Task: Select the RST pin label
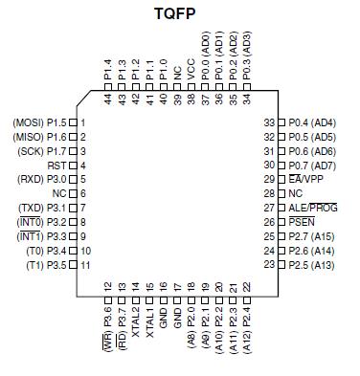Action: pyautogui.click(x=56, y=165)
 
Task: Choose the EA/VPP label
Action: pyautogui.click(x=306, y=179)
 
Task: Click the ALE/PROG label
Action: pyautogui.click(x=312, y=207)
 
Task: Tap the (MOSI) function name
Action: pyautogui.click(x=27, y=122)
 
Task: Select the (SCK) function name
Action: pyautogui.click(x=30, y=151)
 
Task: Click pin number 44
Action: pyautogui.click(x=108, y=98)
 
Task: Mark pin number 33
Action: pyautogui.click(x=269, y=122)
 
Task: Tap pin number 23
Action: pyautogui.click(x=269, y=263)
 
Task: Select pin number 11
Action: pyautogui.click(x=85, y=263)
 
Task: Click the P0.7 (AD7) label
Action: pyautogui.click(x=312, y=165)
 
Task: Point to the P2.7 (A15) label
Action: pyautogui.click(x=312, y=235)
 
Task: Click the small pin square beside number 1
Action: pyautogui.click(x=73, y=122)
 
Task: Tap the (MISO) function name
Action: pyautogui.click(x=27, y=137)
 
